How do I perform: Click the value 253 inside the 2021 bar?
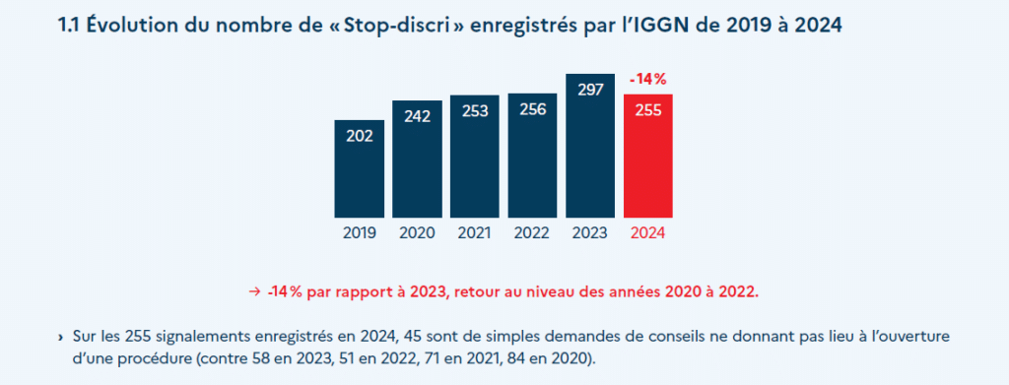475,112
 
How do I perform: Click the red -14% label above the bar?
648,79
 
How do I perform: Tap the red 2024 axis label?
648,234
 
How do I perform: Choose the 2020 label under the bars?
418,234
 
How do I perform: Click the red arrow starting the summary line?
254,291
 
